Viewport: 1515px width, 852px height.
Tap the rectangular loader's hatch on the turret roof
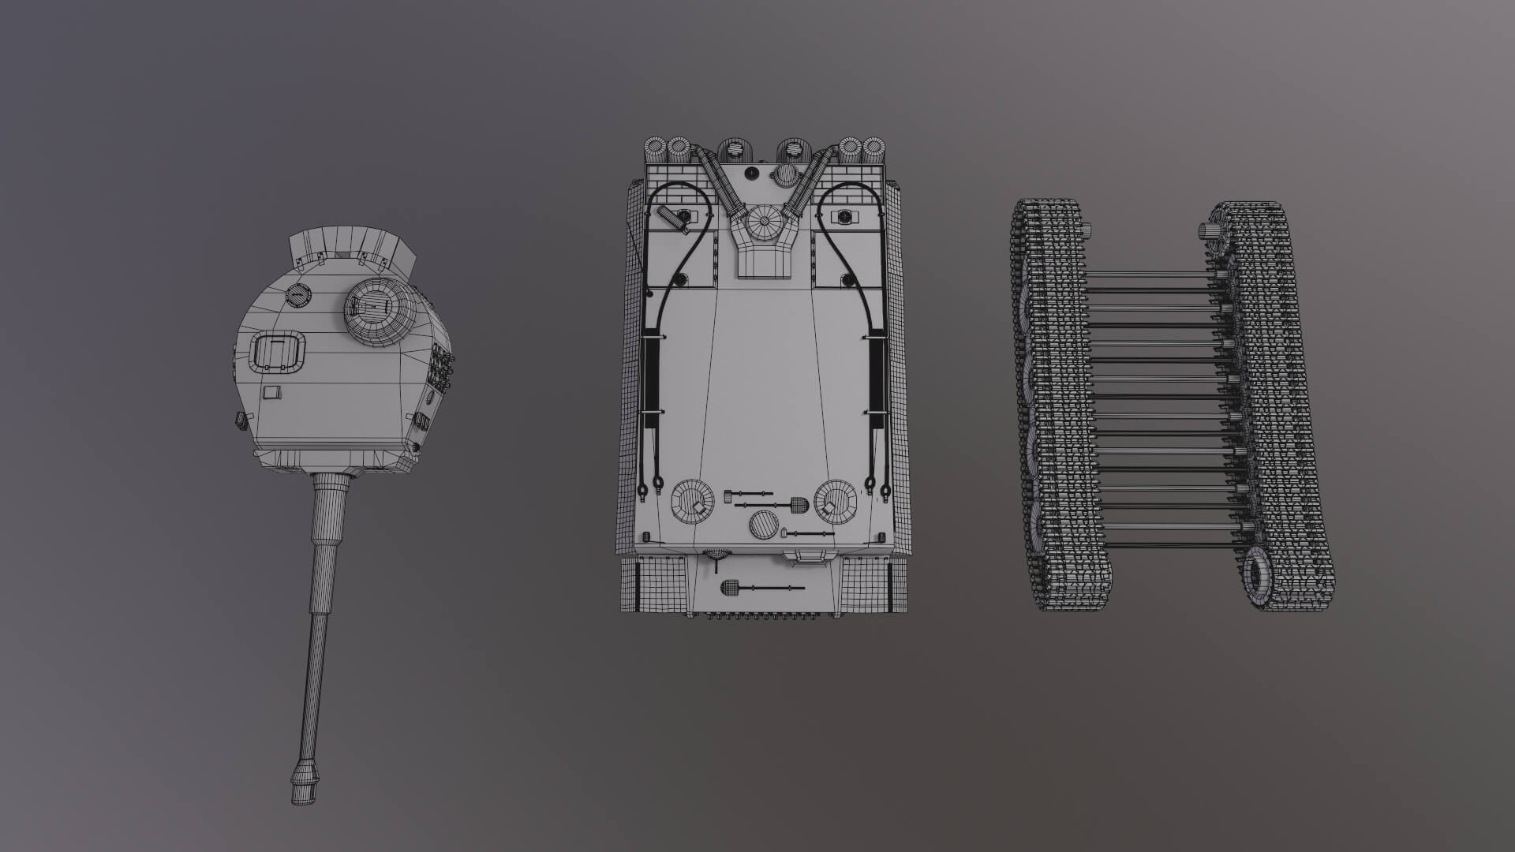277,351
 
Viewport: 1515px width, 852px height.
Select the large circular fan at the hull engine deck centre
765,223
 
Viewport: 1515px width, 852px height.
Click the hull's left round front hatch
691,501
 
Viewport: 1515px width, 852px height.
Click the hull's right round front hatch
835,501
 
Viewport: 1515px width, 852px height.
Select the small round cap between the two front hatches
763,524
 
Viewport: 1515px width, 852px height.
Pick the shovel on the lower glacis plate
757,588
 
